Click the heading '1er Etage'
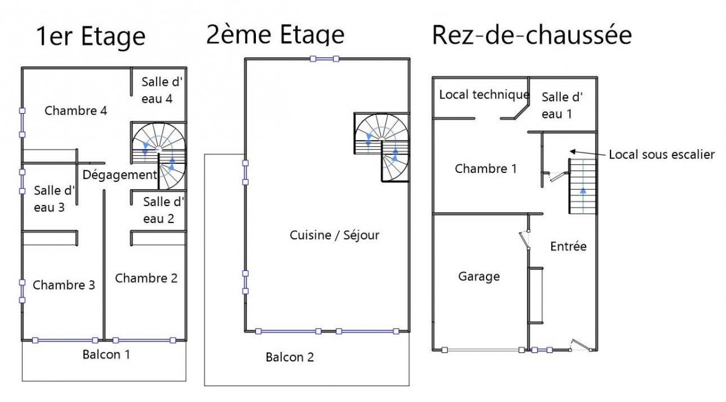[91, 36]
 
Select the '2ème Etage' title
[275, 34]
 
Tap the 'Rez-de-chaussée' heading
[531, 35]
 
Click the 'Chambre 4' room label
[76, 111]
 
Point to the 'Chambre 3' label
[64, 285]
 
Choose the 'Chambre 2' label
[146, 278]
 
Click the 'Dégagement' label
[119, 175]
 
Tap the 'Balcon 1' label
[106, 354]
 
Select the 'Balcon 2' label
[290, 357]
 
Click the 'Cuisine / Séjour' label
[335, 235]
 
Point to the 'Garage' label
[479, 276]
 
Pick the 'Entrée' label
[568, 246]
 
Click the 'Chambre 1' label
[485, 169]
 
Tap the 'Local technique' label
[484, 94]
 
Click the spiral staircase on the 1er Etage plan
[159, 154]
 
